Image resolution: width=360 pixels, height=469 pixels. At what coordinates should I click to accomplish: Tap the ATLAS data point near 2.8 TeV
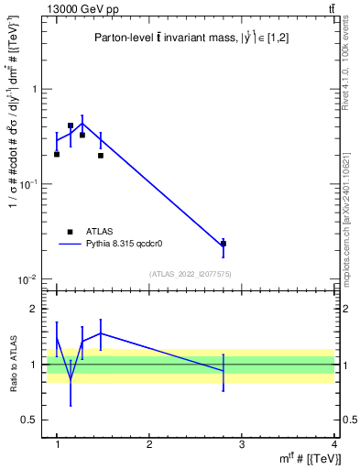(224, 244)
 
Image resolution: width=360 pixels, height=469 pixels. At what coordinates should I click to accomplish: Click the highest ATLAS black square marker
(71, 125)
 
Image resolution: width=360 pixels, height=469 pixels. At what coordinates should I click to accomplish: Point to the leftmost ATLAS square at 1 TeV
(57, 154)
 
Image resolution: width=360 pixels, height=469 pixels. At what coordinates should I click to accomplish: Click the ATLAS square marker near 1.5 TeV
(101, 155)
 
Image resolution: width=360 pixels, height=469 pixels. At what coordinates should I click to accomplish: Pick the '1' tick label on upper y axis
(35, 90)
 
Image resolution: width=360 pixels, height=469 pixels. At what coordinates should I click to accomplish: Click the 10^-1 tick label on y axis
(30, 184)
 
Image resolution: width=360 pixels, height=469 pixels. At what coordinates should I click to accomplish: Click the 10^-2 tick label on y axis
(30, 279)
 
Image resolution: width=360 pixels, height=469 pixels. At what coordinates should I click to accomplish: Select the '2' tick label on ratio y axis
(35, 309)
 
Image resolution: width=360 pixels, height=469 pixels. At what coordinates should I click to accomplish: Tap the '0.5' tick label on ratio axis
(30, 420)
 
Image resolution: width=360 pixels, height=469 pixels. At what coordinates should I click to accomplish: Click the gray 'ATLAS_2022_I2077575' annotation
(190, 274)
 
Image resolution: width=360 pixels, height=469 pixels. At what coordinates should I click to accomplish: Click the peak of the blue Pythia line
(82, 123)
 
